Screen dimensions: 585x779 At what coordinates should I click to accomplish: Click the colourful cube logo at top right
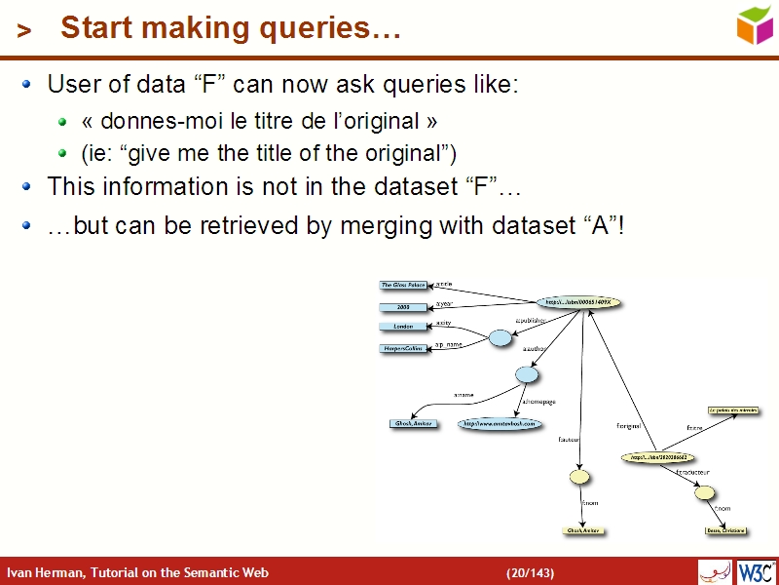click(x=755, y=24)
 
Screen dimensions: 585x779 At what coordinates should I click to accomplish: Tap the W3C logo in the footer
click(x=758, y=571)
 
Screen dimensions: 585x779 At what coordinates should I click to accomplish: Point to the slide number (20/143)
click(x=530, y=572)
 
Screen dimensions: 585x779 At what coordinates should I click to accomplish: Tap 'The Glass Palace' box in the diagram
click(x=403, y=286)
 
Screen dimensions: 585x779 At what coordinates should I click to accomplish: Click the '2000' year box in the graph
click(x=403, y=307)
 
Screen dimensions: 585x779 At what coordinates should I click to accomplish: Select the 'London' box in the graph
click(x=403, y=327)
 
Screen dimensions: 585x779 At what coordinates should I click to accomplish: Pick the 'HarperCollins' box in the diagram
click(x=403, y=348)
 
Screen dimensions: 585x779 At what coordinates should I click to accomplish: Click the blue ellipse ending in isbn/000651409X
click(x=578, y=302)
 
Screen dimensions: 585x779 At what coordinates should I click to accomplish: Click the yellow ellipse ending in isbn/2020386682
click(x=657, y=456)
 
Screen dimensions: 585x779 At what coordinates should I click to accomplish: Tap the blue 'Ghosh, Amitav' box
click(x=414, y=424)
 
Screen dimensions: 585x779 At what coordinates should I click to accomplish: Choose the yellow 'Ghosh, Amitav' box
click(x=581, y=531)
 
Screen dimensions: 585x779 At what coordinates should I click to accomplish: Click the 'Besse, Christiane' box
click(x=725, y=531)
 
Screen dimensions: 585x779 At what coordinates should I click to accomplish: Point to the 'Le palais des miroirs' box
click(x=733, y=411)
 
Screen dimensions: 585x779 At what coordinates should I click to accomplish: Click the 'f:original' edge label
click(x=628, y=426)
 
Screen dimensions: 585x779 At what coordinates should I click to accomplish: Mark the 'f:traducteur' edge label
click(x=692, y=472)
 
